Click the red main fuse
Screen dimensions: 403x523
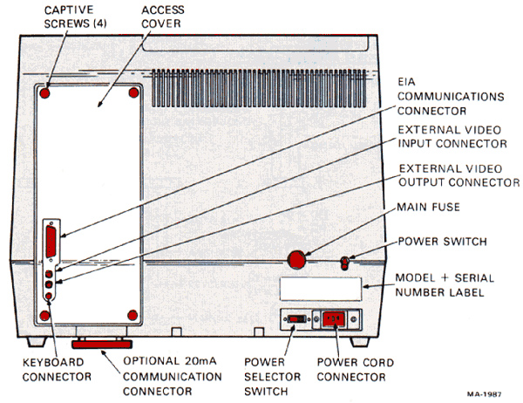click(x=298, y=259)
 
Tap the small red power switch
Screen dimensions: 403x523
click(x=346, y=261)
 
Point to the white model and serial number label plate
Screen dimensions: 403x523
click(x=319, y=289)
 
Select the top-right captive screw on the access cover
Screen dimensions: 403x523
click(x=132, y=91)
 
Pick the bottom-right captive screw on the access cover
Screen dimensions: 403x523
click(x=132, y=314)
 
